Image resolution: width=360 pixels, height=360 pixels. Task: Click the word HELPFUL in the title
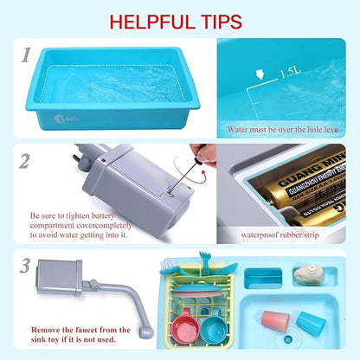153,19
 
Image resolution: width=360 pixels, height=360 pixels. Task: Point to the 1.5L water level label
290,75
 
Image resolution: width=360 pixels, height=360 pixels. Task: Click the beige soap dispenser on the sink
306,274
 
